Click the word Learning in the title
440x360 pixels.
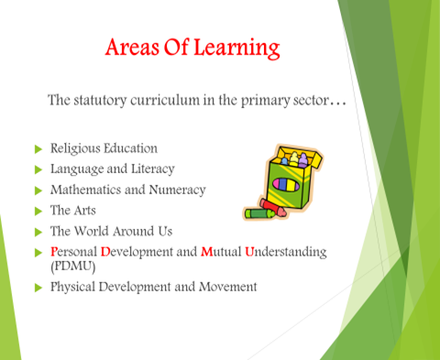tap(236, 49)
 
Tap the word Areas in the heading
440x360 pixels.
tap(132, 48)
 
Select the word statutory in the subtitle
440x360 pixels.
tap(100, 101)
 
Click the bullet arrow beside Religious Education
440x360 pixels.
tap(38, 149)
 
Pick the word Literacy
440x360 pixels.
tap(153, 169)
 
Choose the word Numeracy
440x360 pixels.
tap(177, 191)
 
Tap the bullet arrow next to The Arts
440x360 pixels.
tap(38, 212)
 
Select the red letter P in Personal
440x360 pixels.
tap(54, 252)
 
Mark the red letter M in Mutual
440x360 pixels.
tap(207, 252)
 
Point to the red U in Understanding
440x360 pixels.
tap(249, 252)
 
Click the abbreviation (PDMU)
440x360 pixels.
tap(73, 267)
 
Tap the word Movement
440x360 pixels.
tap(228, 287)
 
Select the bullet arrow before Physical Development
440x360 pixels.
tap(38, 288)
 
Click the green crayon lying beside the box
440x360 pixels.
tap(259, 213)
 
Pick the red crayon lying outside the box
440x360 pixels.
tap(273, 207)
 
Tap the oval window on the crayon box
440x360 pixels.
tap(286, 184)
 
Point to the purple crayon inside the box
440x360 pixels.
tap(302, 160)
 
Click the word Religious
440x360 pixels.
tap(75, 148)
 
